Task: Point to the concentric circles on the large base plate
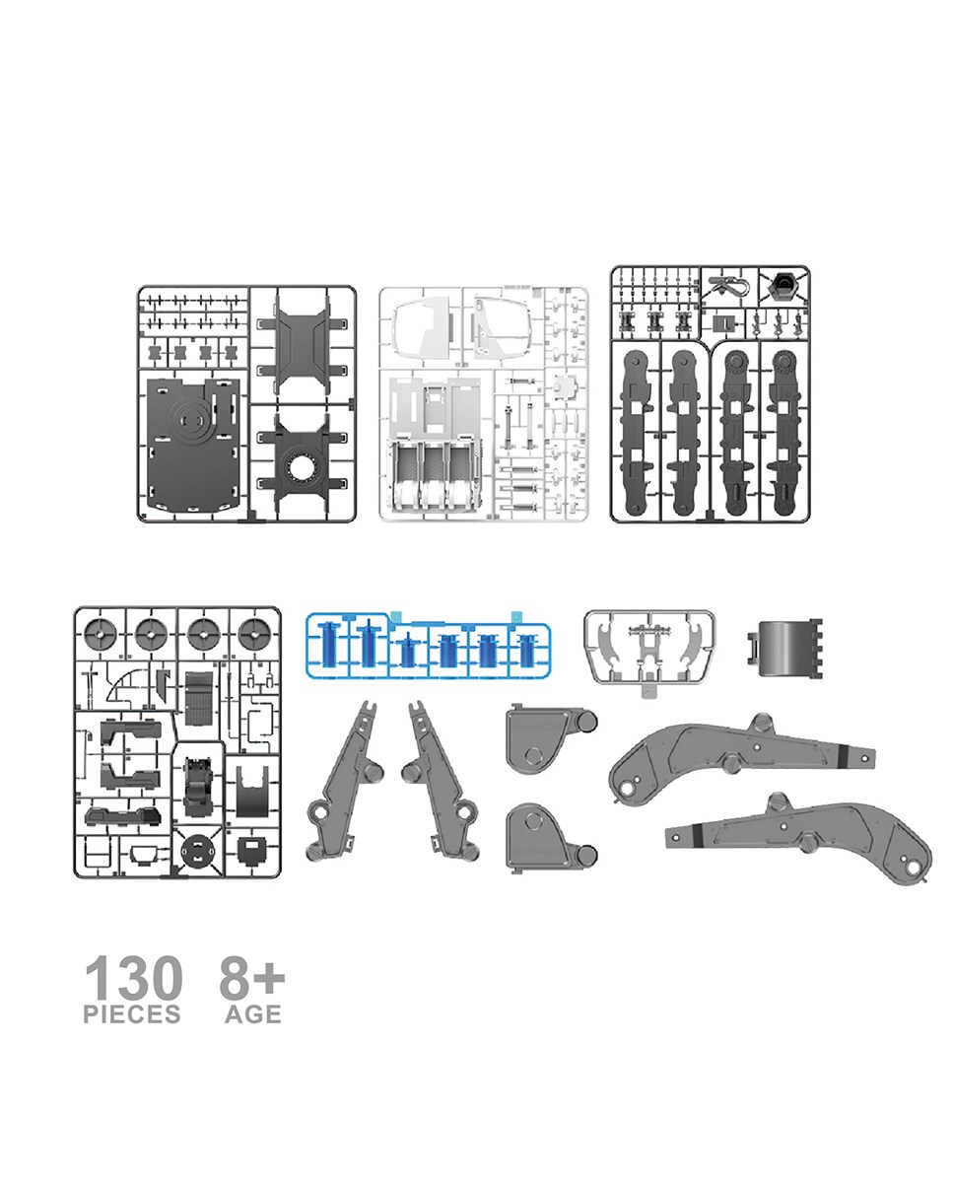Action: pyautogui.click(x=192, y=422)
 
